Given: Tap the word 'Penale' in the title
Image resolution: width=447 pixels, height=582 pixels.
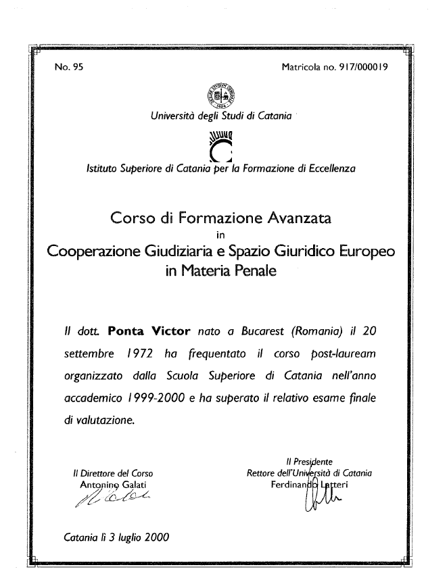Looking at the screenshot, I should click(x=253, y=272).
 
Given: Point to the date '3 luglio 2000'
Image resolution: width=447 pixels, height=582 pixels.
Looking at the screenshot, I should click(x=136, y=539).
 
